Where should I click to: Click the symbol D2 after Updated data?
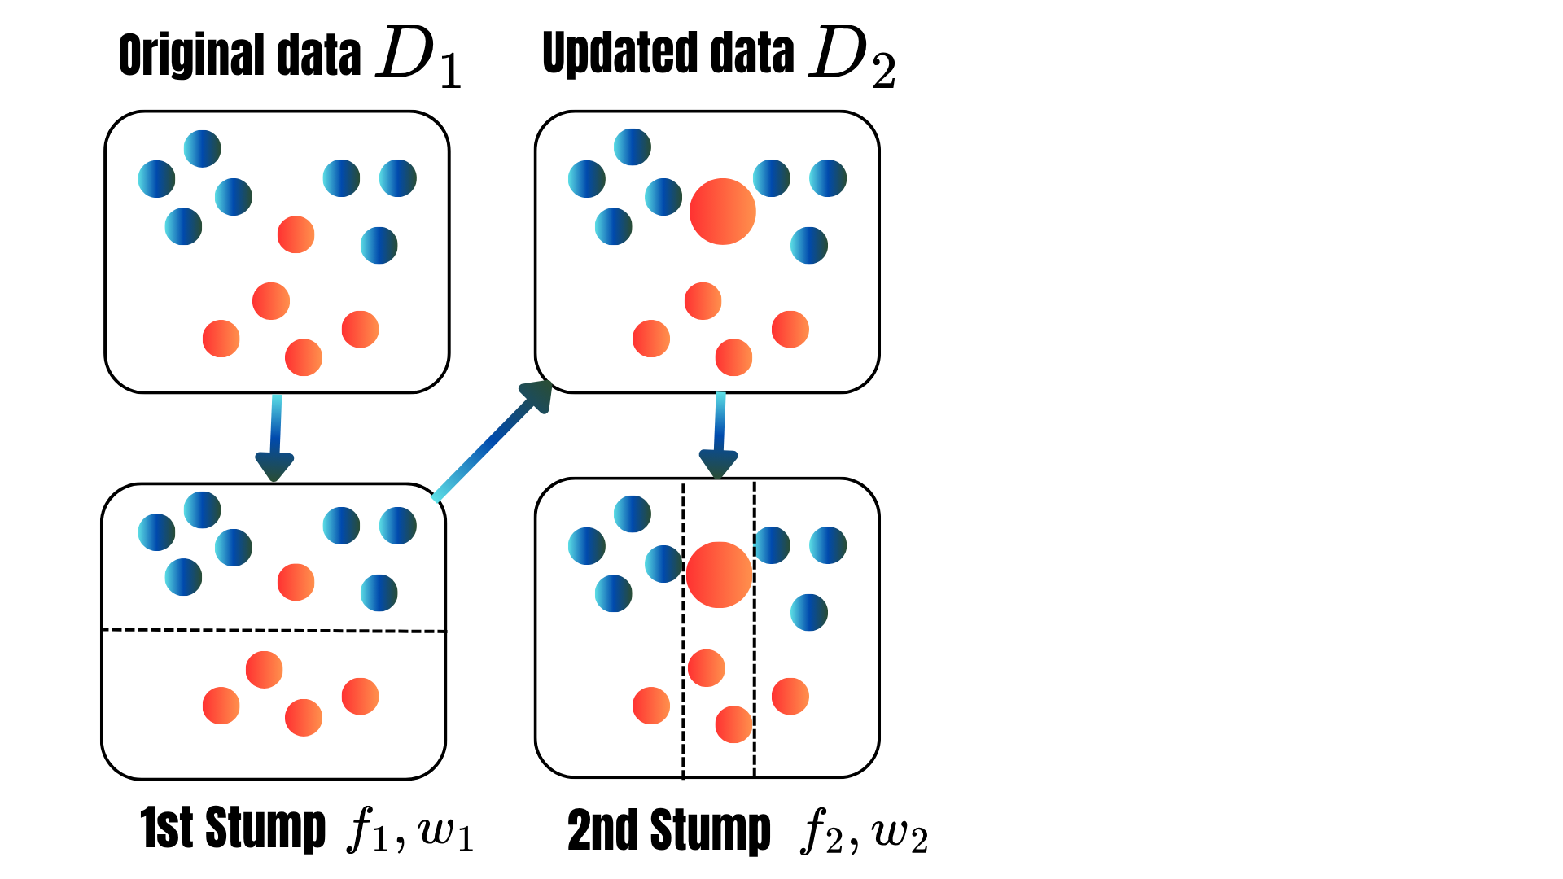click(x=852, y=59)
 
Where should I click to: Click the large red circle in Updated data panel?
click(x=722, y=212)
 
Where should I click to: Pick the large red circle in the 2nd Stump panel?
click(x=719, y=575)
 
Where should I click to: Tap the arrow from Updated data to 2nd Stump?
click(x=719, y=436)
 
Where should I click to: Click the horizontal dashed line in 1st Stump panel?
click(x=274, y=630)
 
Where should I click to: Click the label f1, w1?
click(x=410, y=830)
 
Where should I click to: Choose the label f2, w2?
click(x=864, y=832)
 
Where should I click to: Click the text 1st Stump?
click(x=233, y=829)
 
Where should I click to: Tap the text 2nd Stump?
click(x=668, y=830)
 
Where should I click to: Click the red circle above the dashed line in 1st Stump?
click(x=296, y=582)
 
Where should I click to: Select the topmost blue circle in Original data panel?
click(x=202, y=148)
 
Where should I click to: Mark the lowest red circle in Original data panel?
click(x=304, y=357)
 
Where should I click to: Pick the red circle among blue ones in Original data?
click(x=296, y=234)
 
